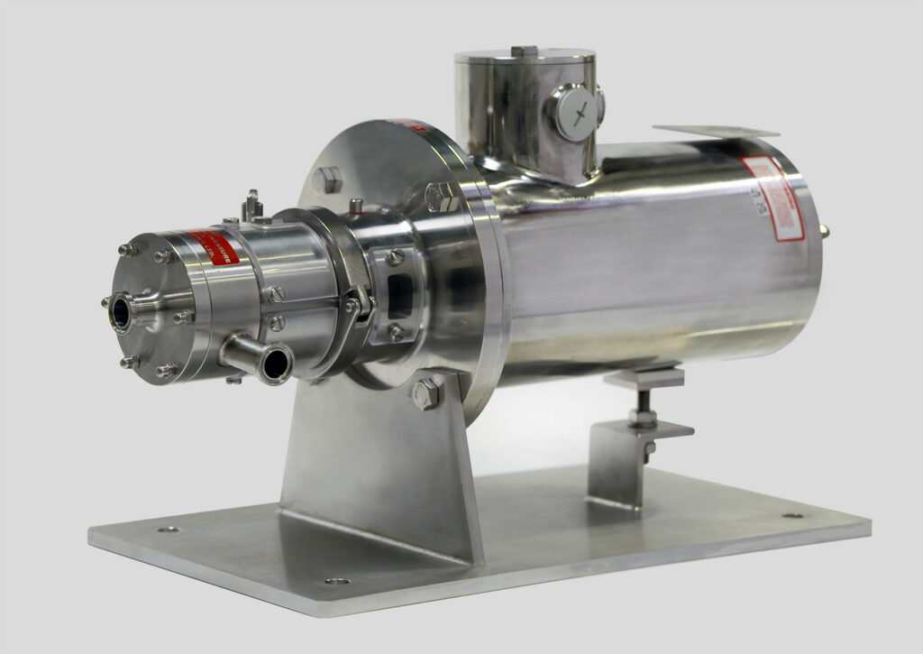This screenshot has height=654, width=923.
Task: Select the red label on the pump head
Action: (213, 247)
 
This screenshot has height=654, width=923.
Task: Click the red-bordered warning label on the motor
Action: (774, 198)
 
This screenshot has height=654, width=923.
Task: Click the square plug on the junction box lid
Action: (524, 51)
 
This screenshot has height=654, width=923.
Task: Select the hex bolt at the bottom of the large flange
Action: (426, 392)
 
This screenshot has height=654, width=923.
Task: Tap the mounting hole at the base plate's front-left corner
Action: (168, 530)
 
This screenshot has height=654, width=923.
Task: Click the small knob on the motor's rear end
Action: (823, 232)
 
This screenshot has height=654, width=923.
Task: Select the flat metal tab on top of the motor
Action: (702, 132)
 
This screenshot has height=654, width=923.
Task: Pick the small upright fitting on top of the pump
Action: (254, 206)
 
